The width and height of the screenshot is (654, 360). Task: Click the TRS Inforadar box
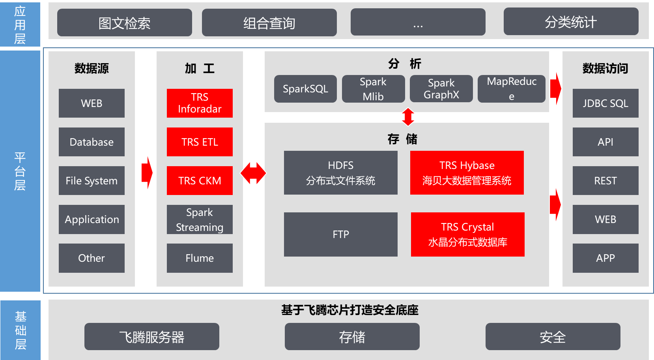200,103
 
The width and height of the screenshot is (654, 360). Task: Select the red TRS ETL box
200,142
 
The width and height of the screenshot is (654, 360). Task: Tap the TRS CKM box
200,180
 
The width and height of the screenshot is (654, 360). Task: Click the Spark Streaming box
200,219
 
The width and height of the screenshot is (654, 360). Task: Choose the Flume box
200,258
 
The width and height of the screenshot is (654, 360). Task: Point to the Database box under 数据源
92,142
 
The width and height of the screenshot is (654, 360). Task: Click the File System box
92,180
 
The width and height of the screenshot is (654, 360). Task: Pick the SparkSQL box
305,89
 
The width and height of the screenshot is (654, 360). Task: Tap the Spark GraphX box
441,89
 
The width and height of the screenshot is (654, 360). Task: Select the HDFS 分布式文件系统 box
341,172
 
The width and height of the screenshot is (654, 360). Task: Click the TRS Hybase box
467,172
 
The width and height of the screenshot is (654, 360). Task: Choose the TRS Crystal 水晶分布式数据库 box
468,234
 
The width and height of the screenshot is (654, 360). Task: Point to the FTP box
341,234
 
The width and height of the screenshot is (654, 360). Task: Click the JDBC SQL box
605,103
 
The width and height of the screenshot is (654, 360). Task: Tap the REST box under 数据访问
605,180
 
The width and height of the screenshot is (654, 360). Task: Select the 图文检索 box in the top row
125,22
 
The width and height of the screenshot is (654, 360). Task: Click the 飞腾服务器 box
152,337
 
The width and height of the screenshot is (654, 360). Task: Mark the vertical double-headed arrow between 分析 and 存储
408,117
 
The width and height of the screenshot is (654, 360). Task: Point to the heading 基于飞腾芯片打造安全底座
350,310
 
